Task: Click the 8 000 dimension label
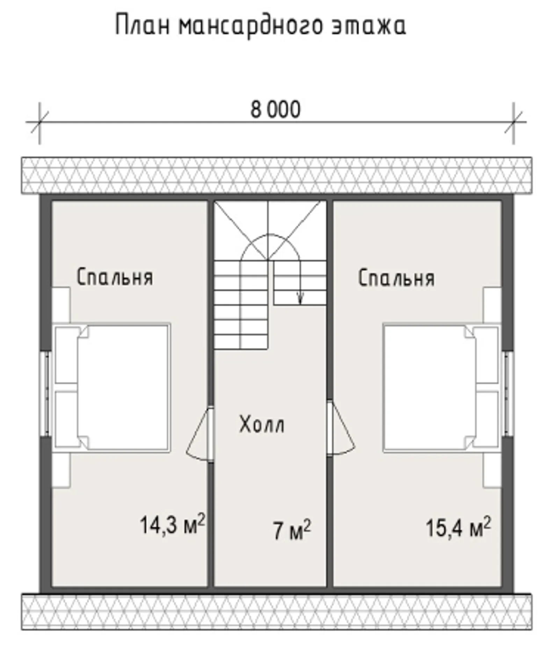point(275,109)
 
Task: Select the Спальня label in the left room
point(115,277)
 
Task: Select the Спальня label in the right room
point(396,278)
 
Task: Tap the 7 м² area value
point(291,530)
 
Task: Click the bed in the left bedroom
point(122,387)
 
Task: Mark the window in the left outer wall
point(45,393)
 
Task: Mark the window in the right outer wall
point(508,393)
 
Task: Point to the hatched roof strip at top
point(276,175)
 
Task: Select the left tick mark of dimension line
point(39,122)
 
